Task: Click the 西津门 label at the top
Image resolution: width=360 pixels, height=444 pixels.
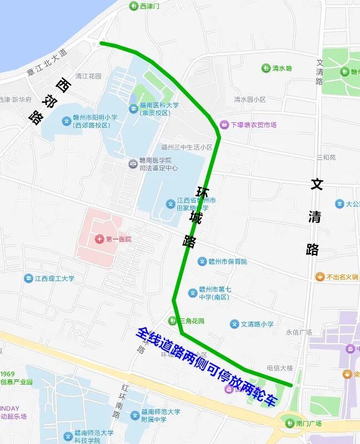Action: pyautogui.click(x=149, y=6)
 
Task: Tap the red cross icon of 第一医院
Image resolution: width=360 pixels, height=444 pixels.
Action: pyautogui.click(x=99, y=239)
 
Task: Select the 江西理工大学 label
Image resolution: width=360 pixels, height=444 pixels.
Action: pyautogui.click(x=54, y=278)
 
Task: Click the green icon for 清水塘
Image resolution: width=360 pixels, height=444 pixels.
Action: pyautogui.click(x=266, y=68)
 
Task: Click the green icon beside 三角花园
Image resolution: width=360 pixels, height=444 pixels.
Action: pyautogui.click(x=173, y=321)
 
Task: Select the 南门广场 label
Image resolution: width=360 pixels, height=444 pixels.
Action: pyautogui.click(x=308, y=423)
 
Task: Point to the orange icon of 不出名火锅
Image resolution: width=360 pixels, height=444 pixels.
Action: pyautogui.click(x=320, y=277)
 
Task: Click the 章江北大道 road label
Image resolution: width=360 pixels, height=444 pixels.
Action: pyautogui.click(x=47, y=62)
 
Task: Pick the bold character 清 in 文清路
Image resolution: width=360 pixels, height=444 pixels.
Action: pyautogui.click(x=314, y=217)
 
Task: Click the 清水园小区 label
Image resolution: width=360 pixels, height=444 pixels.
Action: pyautogui.click(x=249, y=99)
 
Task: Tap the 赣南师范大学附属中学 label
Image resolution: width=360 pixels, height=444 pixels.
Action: pyautogui.click(x=160, y=415)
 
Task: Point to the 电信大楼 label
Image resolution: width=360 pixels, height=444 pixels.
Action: pyautogui.click(x=281, y=367)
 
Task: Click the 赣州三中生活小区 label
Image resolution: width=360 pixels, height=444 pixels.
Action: pyautogui.click(x=187, y=147)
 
